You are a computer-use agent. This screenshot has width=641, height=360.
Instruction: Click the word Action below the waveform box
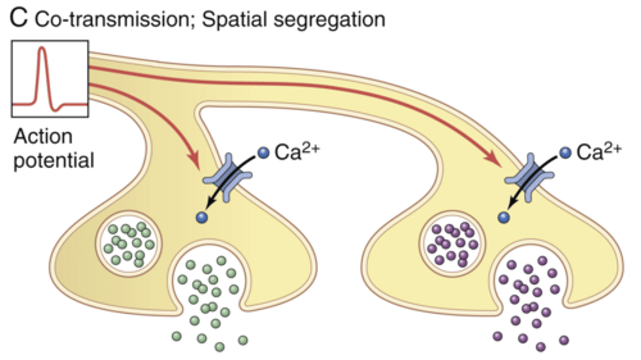click(43, 137)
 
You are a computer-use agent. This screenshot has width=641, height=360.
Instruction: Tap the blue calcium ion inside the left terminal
click(202, 218)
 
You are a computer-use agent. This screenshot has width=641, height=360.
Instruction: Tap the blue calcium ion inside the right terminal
click(503, 217)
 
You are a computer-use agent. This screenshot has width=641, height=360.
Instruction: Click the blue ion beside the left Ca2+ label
click(264, 153)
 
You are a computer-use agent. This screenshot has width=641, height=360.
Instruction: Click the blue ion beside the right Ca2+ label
click(565, 153)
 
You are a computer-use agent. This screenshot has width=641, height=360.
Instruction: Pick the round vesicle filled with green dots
click(130, 244)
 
